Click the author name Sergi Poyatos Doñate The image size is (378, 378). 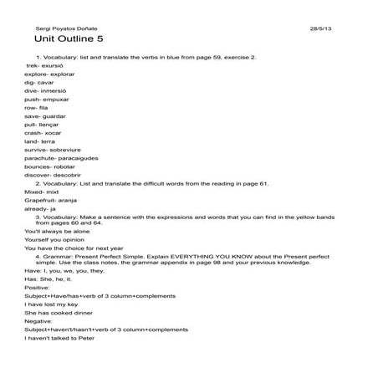[x=61, y=28]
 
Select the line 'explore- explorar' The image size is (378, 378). [x=50, y=73]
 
